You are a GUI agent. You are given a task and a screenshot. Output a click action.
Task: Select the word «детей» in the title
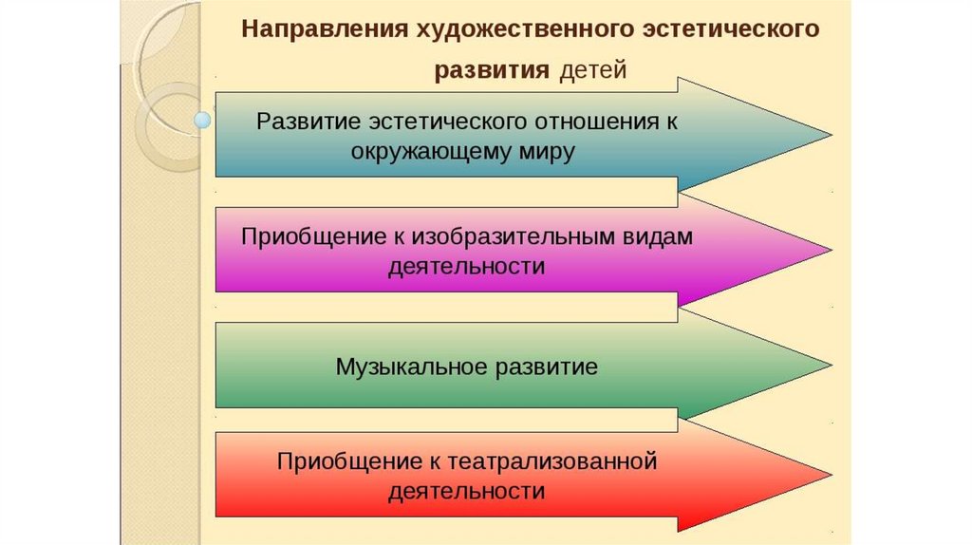pos(592,72)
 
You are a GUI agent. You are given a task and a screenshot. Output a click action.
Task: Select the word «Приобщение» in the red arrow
pos(339,461)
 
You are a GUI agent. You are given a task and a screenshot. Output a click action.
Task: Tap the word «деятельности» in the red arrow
pos(466,491)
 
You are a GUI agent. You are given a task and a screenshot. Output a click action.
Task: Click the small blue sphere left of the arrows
pos(201,120)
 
